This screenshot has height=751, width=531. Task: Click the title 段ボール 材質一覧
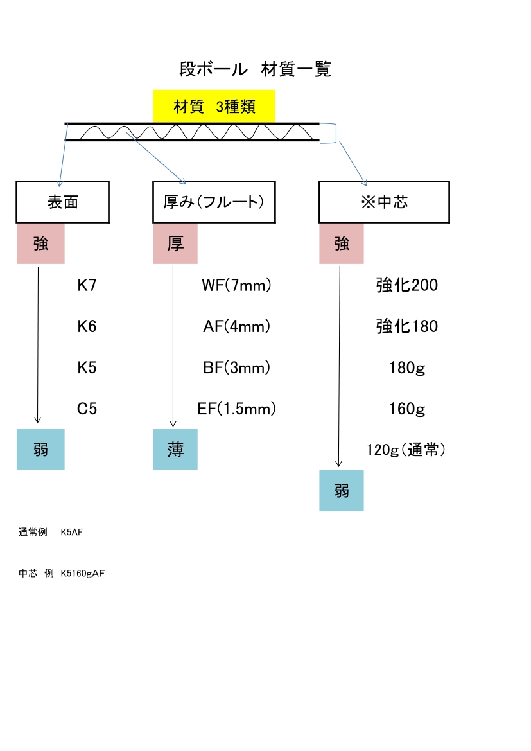(x=255, y=69)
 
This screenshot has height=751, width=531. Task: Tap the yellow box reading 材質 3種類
(x=214, y=107)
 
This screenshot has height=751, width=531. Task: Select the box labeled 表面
(x=63, y=202)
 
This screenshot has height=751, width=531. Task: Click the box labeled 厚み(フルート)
(x=214, y=202)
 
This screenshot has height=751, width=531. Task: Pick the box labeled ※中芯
(x=384, y=202)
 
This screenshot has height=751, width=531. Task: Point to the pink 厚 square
(x=175, y=243)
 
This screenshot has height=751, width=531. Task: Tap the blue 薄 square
(x=175, y=450)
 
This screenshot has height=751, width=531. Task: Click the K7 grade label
(x=87, y=285)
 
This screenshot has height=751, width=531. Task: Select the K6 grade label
(x=87, y=326)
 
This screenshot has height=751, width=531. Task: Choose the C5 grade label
(x=87, y=409)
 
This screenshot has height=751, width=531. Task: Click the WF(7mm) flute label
(x=236, y=285)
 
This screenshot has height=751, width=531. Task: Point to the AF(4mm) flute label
(x=236, y=326)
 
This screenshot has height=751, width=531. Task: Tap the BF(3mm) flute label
(x=236, y=367)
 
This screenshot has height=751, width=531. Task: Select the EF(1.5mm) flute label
(x=236, y=409)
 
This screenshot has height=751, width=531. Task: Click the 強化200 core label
(x=406, y=285)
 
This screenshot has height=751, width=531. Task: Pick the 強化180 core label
(x=406, y=326)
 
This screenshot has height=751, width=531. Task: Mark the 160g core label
(x=406, y=409)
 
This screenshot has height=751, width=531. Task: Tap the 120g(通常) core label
(x=406, y=450)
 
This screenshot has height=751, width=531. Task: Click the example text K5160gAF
(x=82, y=574)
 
